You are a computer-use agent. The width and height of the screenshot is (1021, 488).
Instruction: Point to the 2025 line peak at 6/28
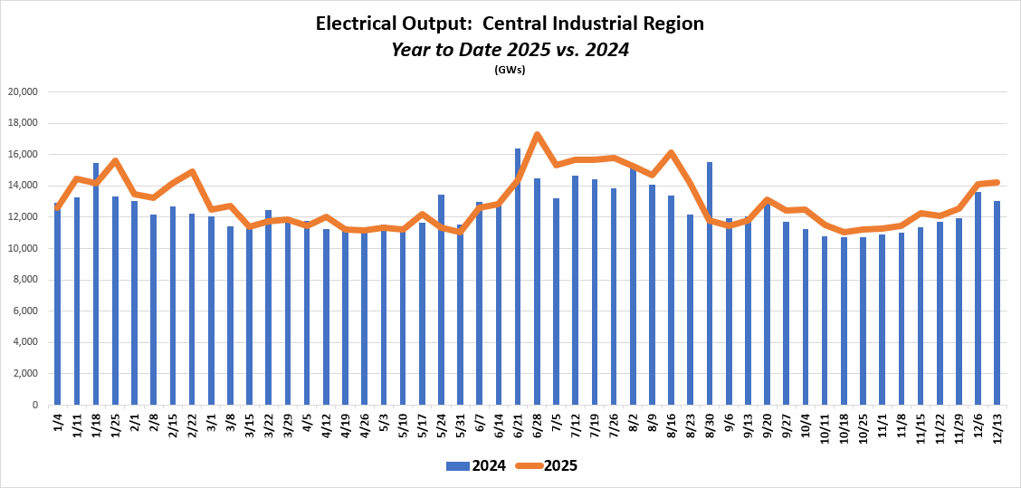tap(537, 135)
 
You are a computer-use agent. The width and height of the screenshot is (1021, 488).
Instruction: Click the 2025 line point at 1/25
tap(115, 161)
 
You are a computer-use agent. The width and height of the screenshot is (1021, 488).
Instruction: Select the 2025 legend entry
tap(547, 466)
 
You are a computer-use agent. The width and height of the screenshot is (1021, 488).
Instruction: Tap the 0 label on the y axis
tap(33, 406)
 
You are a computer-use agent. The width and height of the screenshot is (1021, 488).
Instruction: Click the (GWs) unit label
tap(510, 70)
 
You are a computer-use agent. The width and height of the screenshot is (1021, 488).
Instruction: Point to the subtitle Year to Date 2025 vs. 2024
tap(510, 49)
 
